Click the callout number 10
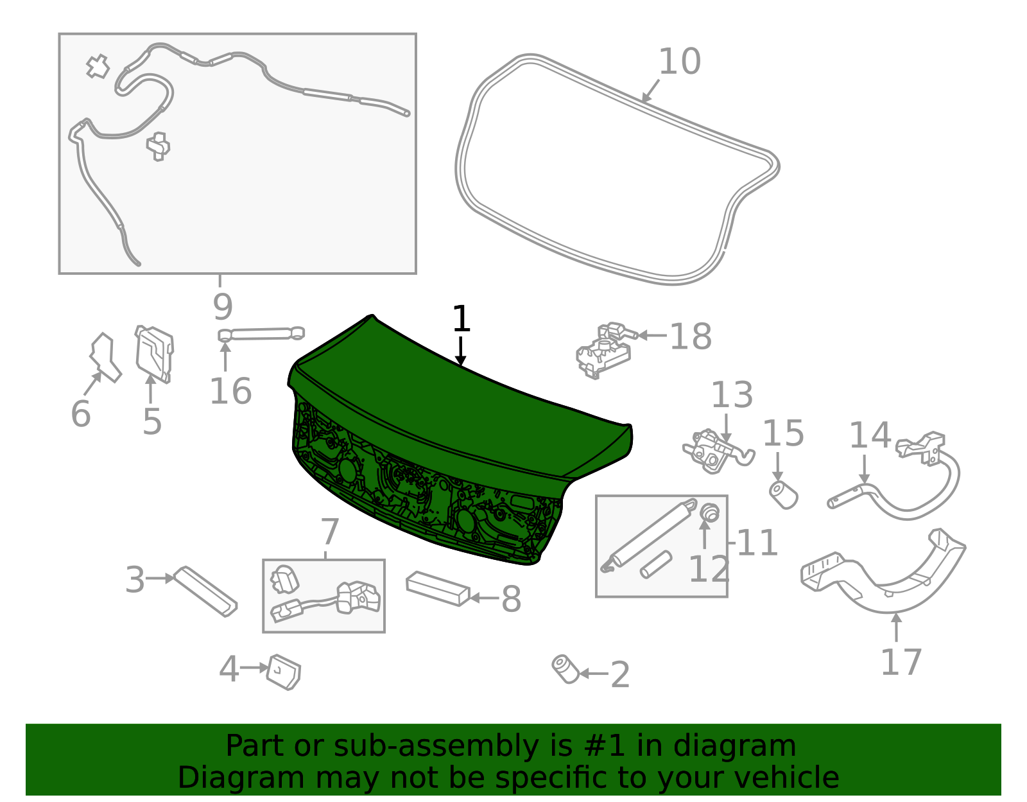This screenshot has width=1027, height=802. [x=679, y=62]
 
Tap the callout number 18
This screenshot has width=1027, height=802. [x=690, y=337]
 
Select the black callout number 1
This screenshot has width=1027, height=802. [x=461, y=319]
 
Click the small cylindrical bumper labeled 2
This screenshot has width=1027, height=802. [x=565, y=669]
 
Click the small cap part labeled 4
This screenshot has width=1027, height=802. [x=284, y=672]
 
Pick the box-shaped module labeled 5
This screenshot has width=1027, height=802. [x=155, y=354]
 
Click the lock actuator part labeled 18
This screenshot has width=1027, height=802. [x=604, y=351]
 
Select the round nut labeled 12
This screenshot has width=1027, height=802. [x=709, y=513]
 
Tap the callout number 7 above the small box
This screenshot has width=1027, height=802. [x=329, y=532]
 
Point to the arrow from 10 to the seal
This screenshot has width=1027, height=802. [x=650, y=91]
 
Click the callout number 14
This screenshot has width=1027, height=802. [x=870, y=436]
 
